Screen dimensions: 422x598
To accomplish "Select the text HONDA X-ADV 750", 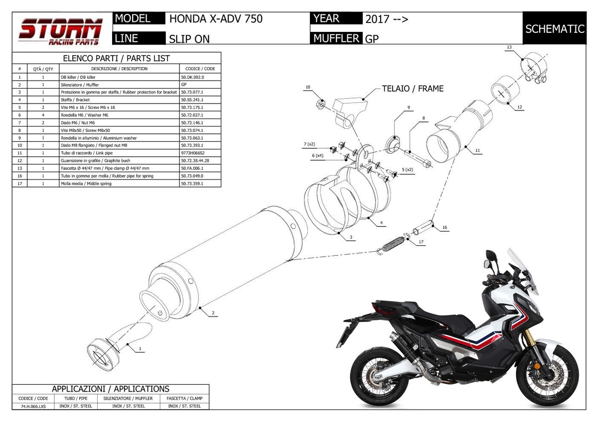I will (x=216, y=19).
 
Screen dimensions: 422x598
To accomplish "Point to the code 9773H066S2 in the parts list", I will (x=193, y=153).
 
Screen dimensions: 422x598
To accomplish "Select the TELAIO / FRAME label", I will (x=412, y=89).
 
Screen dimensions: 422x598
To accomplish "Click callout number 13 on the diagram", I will (x=509, y=47).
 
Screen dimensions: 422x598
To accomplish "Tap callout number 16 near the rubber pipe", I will (x=444, y=227).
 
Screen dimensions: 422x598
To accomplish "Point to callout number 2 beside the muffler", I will (x=213, y=313).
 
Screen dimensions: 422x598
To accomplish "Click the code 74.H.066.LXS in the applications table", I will (x=33, y=406).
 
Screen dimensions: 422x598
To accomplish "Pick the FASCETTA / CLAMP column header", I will (x=184, y=399).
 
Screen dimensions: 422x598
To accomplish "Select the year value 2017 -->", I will (x=387, y=19).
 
